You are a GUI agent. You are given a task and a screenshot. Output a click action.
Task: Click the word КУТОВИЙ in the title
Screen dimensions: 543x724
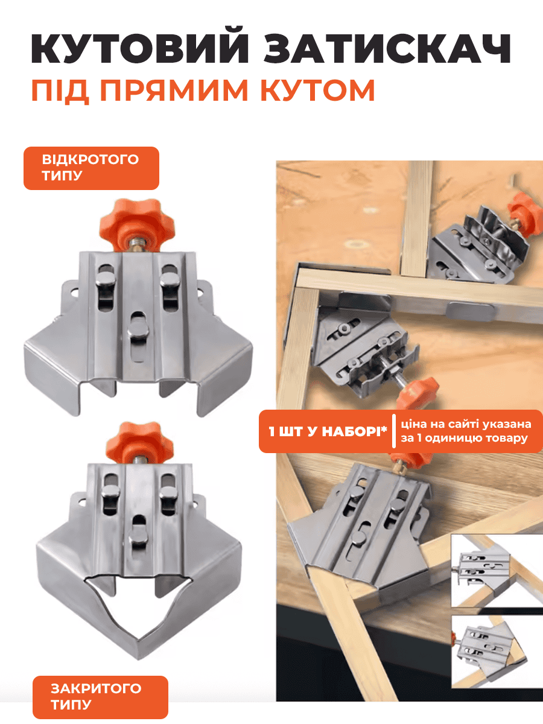140,45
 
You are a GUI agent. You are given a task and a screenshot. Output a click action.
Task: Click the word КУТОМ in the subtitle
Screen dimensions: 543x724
317,90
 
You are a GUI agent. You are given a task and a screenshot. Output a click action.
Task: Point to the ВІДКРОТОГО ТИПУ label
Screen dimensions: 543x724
91,168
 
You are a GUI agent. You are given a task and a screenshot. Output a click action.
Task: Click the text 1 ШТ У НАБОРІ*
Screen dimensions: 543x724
328,431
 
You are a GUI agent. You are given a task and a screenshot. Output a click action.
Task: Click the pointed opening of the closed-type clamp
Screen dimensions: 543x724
141,610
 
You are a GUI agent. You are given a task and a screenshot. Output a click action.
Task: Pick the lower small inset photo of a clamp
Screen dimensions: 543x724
497,654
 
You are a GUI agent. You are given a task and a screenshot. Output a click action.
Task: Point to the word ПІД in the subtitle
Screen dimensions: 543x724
60,91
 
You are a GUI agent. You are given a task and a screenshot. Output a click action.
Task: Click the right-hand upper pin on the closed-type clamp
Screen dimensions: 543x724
170,495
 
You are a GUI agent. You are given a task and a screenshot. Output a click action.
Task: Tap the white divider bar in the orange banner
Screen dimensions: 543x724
394,431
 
